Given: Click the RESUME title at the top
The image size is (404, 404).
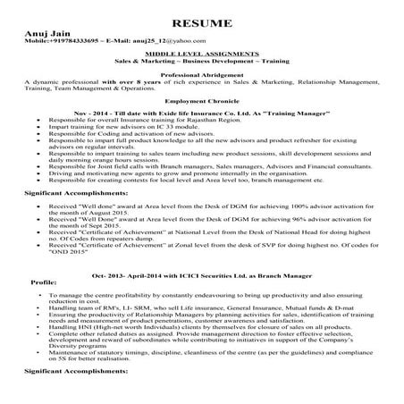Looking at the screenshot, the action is (x=201, y=21).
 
